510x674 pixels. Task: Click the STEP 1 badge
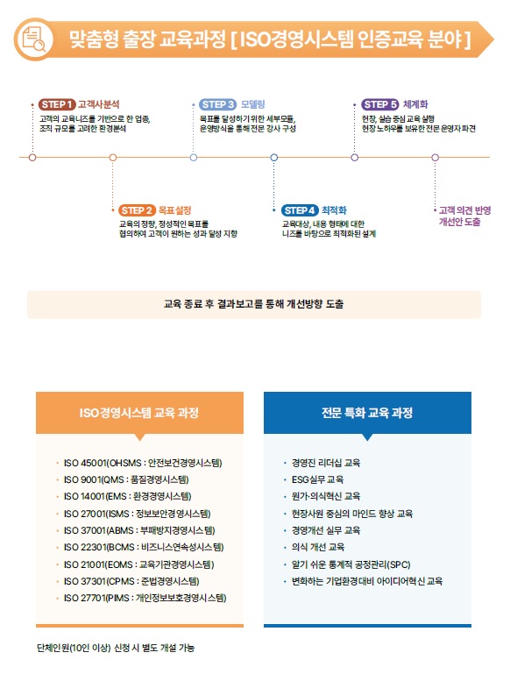click(x=57, y=104)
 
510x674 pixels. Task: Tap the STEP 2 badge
click(x=137, y=210)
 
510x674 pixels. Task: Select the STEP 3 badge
click(x=218, y=104)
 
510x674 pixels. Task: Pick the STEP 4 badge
click(x=300, y=210)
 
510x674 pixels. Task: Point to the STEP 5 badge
click(x=380, y=104)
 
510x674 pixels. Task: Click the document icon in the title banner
click(x=34, y=39)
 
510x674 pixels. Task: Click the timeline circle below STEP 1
click(x=32, y=157)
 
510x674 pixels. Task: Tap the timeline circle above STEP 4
click(x=273, y=157)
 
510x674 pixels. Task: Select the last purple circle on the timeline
click(x=435, y=157)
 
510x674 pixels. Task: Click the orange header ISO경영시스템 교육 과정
click(x=139, y=413)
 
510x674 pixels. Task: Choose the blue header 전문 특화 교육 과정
click(x=367, y=413)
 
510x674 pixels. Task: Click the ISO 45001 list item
click(x=143, y=463)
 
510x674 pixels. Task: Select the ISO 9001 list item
click(x=126, y=479)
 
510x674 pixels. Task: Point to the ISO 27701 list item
click(x=145, y=598)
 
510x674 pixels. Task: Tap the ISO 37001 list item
click(x=139, y=530)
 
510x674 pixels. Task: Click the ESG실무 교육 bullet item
click(x=317, y=479)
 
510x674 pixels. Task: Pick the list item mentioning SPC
click(x=351, y=564)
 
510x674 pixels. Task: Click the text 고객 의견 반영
click(x=465, y=210)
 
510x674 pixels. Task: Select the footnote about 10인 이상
click(x=116, y=648)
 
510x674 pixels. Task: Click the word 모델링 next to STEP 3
click(x=252, y=104)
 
